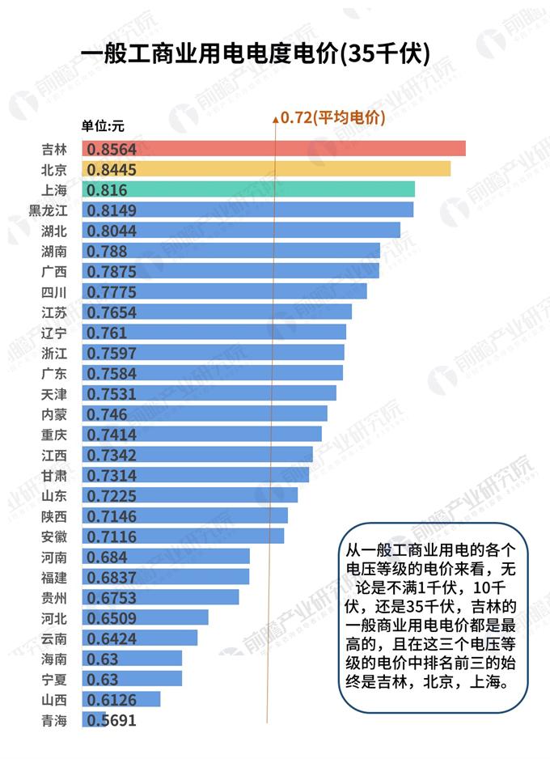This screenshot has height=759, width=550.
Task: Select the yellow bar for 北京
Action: (x=266, y=168)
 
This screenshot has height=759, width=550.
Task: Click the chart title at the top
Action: (x=256, y=53)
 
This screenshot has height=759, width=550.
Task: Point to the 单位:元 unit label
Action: (x=103, y=125)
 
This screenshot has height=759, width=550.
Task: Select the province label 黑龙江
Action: (x=48, y=210)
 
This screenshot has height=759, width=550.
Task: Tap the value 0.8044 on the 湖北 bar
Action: (x=112, y=231)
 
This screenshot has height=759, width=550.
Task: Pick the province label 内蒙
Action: (x=54, y=414)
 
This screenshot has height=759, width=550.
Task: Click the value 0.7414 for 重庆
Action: (x=112, y=435)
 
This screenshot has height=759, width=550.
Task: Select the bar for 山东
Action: (x=190, y=495)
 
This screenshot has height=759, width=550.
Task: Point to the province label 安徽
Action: (x=54, y=536)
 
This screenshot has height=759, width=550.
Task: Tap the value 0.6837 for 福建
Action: (x=112, y=577)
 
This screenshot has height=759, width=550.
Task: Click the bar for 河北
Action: (x=145, y=617)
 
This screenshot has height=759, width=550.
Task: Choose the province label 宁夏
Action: (x=54, y=679)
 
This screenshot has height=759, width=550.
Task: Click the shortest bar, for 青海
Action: (x=94, y=719)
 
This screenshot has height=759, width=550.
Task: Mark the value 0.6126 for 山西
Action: (x=112, y=699)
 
